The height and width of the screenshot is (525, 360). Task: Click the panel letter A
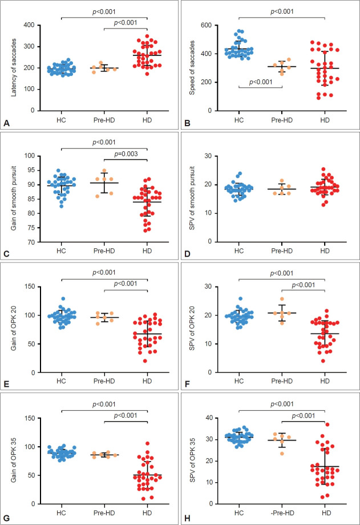(x=7, y=122)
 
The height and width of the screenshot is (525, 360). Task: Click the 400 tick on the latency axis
(x=27, y=26)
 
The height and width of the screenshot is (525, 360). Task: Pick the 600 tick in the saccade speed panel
(x=207, y=26)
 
